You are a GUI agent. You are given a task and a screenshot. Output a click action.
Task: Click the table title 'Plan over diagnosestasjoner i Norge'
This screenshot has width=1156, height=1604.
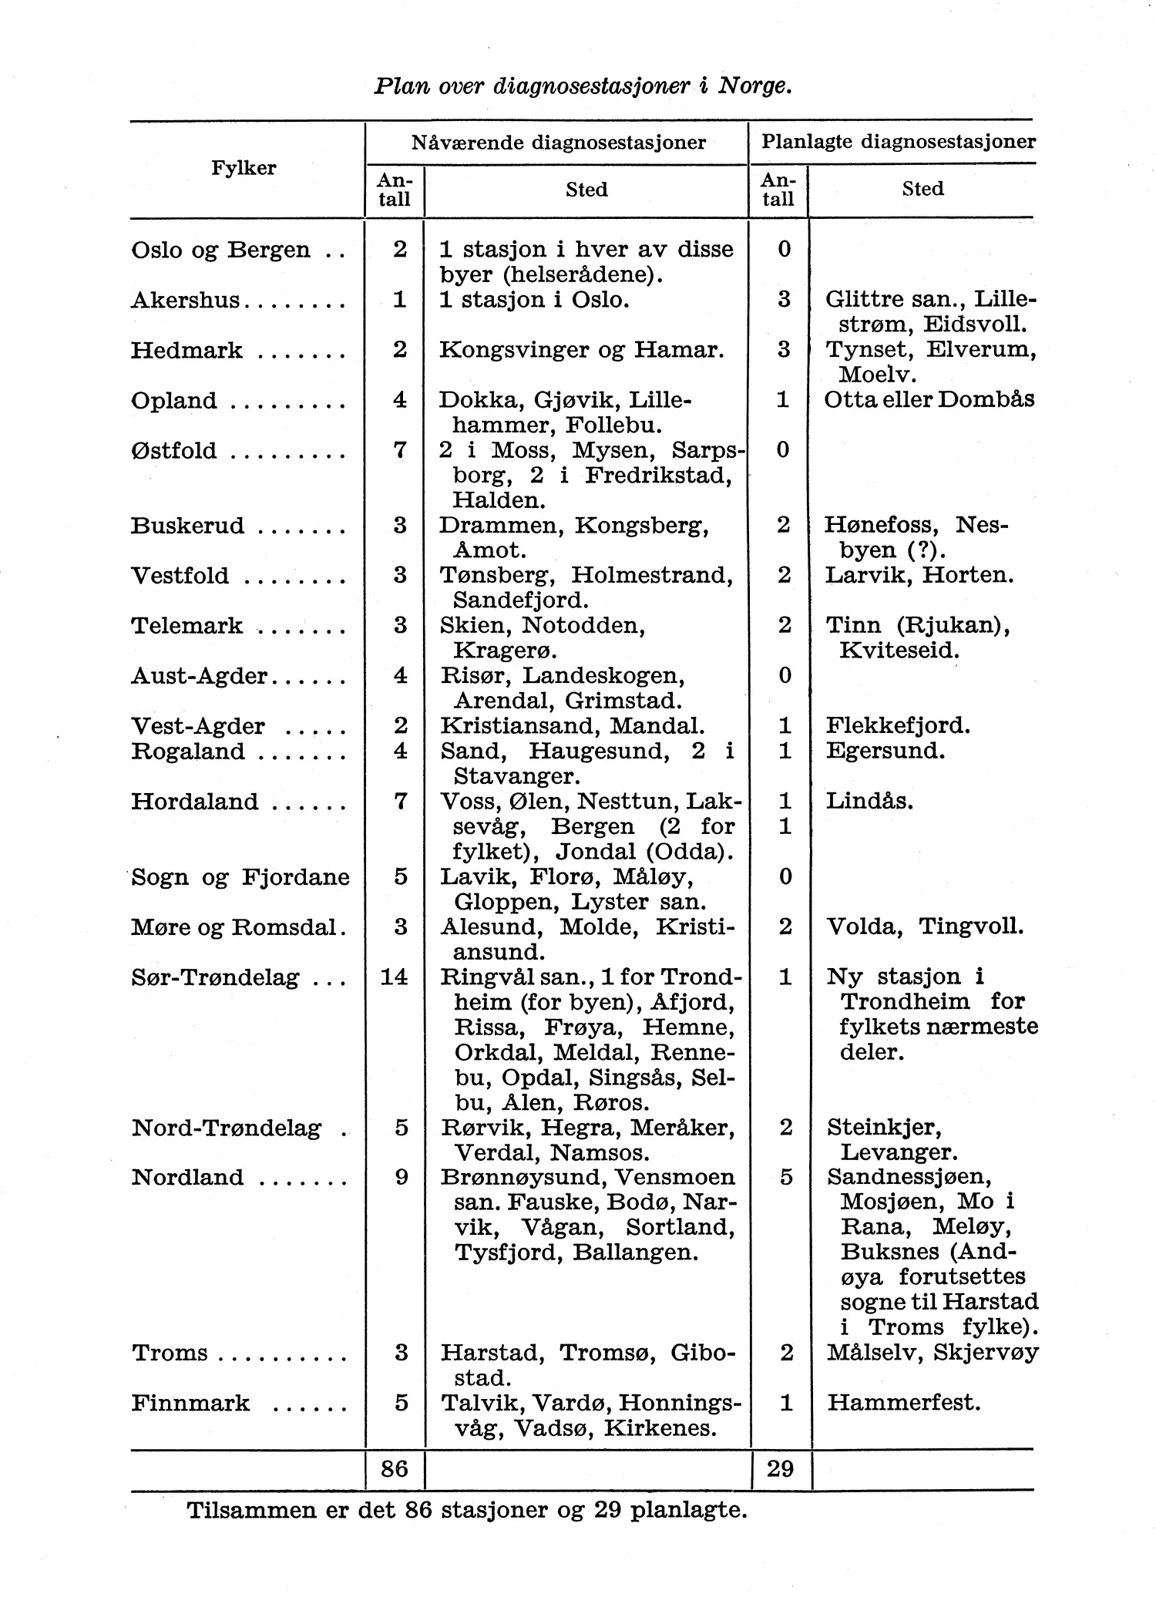pyautogui.click(x=583, y=85)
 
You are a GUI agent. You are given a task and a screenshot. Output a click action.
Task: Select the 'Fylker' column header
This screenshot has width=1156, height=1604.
pyautogui.click(x=244, y=168)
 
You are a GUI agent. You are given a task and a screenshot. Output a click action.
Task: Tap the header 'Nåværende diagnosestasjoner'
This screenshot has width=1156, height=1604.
pyautogui.click(x=558, y=143)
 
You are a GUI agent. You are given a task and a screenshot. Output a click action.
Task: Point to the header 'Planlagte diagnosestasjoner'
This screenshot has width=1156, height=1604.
pyautogui.click(x=898, y=142)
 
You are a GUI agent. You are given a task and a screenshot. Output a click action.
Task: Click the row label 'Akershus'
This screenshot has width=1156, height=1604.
pyautogui.click(x=187, y=300)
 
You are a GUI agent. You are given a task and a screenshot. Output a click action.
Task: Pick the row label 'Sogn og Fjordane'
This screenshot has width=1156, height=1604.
pyautogui.click(x=240, y=877)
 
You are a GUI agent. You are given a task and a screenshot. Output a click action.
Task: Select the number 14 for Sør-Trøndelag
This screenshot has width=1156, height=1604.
pyautogui.click(x=395, y=977)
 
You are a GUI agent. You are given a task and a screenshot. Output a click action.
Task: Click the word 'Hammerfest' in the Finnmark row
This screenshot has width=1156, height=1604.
pyautogui.click(x=902, y=1402)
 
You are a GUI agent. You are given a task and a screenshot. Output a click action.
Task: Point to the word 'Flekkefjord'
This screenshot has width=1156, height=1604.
pyautogui.click(x=897, y=726)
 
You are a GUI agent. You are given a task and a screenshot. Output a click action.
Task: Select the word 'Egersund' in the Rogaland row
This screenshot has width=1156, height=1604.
pyautogui.click(x=884, y=751)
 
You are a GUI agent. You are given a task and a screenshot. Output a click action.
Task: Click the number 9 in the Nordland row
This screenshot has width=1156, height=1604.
pyautogui.click(x=401, y=1178)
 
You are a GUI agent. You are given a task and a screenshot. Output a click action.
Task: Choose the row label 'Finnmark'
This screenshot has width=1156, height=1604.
pyautogui.click(x=190, y=1402)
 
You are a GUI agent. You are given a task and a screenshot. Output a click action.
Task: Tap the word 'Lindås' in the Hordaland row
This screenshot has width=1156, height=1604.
pyautogui.click(x=869, y=802)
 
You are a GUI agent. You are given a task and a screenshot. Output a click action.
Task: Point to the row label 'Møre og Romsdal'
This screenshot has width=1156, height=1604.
pyautogui.click(x=236, y=927)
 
